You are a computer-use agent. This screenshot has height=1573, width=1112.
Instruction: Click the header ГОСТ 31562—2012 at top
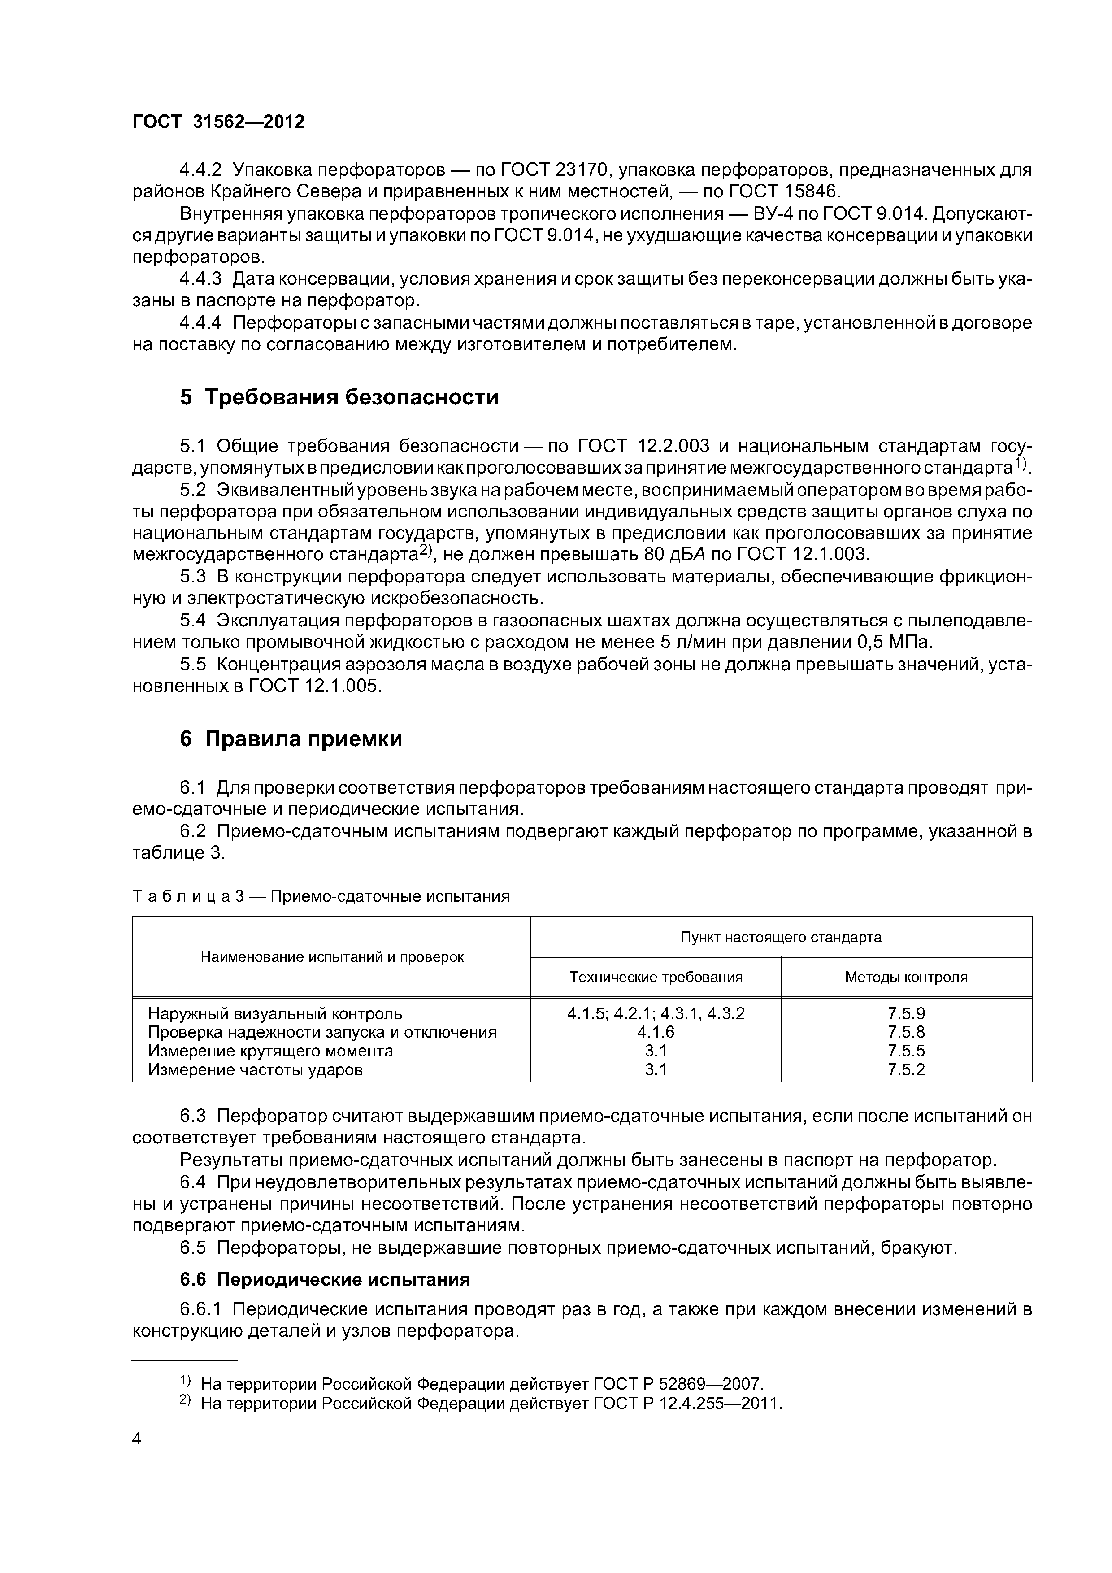[218, 122]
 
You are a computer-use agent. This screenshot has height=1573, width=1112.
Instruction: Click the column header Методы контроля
[906, 977]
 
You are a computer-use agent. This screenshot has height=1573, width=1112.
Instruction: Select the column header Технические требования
[656, 977]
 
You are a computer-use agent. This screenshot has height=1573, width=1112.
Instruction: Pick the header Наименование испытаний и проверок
[332, 957]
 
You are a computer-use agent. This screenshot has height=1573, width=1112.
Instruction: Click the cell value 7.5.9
[906, 1014]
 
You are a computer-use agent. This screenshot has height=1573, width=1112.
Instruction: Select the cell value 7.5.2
[906, 1069]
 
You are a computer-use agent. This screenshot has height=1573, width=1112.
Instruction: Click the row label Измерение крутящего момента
[271, 1051]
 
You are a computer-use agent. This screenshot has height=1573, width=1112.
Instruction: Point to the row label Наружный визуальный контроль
[275, 1014]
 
